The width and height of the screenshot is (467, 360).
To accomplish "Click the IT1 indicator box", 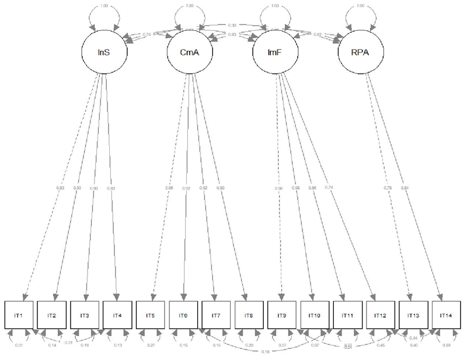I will coord(18,316).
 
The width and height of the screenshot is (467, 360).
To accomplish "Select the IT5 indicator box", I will coord(151,316).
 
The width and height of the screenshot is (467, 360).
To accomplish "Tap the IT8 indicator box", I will coord(250,316).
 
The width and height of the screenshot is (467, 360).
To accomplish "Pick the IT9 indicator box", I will coord(283,316).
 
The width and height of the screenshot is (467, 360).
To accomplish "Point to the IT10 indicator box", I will coord(316,316).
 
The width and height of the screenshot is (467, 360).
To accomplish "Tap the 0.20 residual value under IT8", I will coord(250,345).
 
